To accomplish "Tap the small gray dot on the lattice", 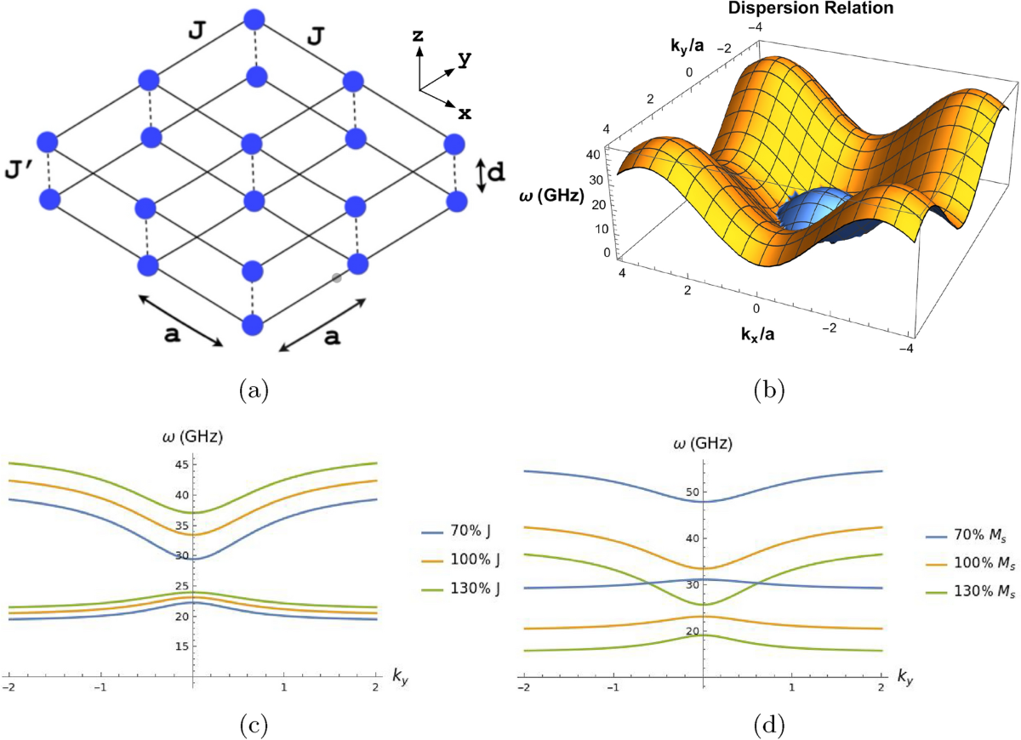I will (x=337, y=278).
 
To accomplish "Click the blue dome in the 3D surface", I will (x=807, y=213).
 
